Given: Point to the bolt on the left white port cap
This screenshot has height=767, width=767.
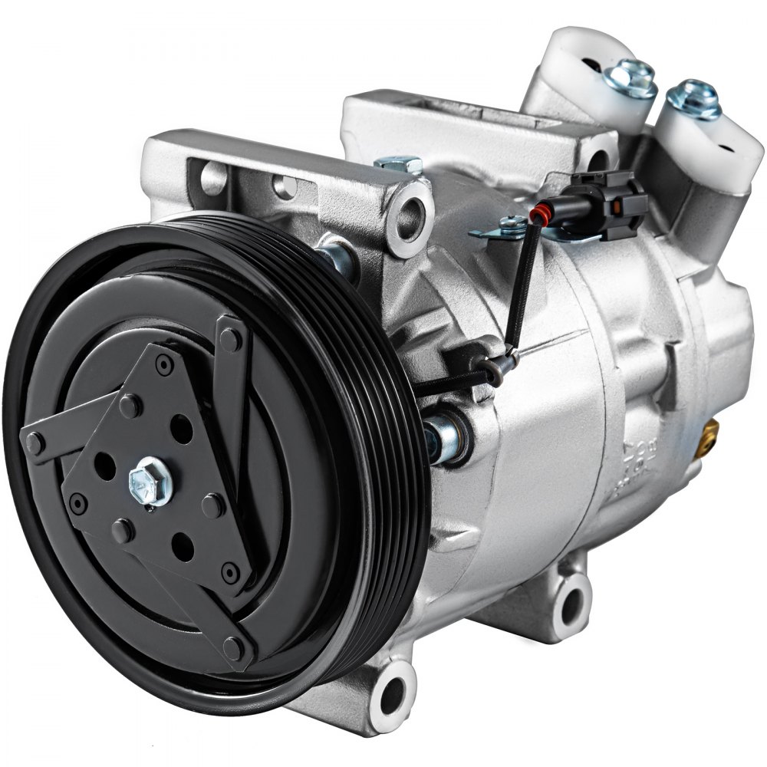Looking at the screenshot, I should (x=631, y=78).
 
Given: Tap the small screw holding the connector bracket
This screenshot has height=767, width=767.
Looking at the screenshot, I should (x=512, y=225).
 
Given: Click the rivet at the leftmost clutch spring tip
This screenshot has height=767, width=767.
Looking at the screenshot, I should (x=35, y=443).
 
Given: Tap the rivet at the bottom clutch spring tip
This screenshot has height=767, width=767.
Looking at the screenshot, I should (x=234, y=648).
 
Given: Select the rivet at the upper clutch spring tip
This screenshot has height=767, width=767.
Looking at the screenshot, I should (x=230, y=337).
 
